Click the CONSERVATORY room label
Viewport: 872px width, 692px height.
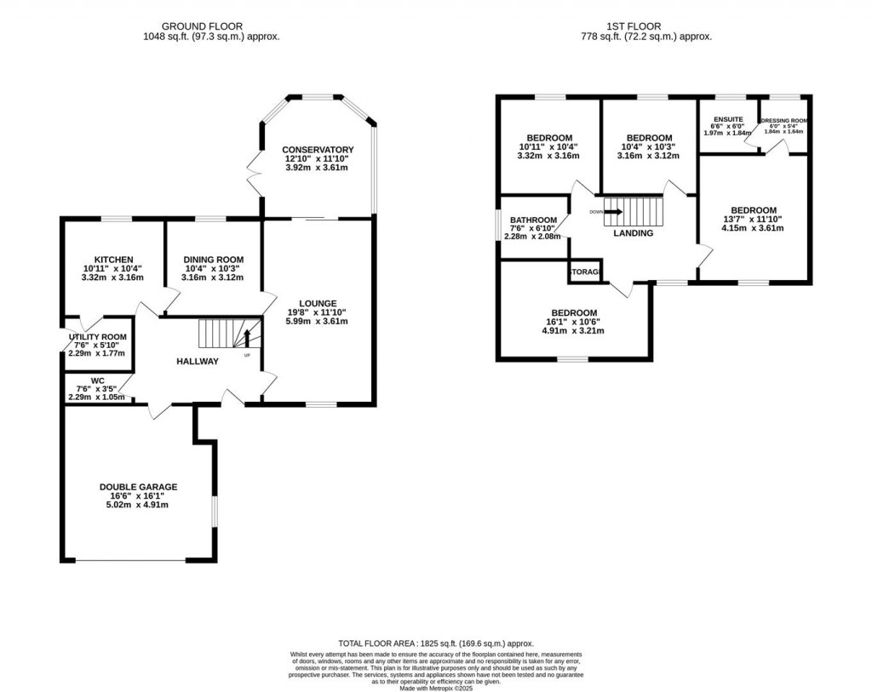(x=318, y=150)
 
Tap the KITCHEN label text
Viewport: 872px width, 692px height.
(x=113, y=260)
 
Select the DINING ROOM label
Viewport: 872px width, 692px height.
(x=214, y=260)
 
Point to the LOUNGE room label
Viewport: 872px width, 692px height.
(x=318, y=303)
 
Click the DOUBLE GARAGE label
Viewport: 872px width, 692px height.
(x=138, y=487)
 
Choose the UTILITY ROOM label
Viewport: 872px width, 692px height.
(x=97, y=337)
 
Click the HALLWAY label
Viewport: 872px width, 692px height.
(x=198, y=362)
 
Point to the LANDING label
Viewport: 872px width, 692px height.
(x=633, y=233)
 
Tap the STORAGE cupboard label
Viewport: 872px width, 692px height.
(x=586, y=272)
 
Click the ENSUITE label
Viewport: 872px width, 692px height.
(x=728, y=120)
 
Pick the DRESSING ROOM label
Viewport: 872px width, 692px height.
(x=784, y=121)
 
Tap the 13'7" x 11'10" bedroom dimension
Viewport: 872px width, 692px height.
(x=754, y=220)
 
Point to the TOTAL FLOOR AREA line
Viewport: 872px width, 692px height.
(x=436, y=644)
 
